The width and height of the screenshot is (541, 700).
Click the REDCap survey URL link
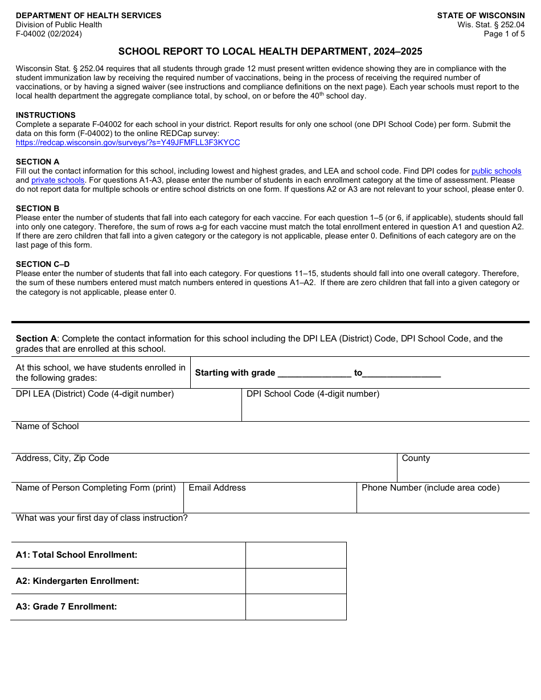click(x=128, y=143)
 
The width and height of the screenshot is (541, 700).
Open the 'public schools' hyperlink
click(x=496, y=171)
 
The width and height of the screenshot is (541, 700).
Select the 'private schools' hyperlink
click(x=58, y=180)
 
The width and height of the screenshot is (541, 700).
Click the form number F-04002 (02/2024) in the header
click(x=49, y=34)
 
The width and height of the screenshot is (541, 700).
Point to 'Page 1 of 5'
click(x=504, y=34)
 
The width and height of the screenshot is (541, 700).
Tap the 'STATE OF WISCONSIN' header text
click(x=481, y=16)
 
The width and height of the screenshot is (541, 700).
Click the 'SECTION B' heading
click(x=38, y=208)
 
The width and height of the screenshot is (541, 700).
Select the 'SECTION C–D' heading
click(x=43, y=264)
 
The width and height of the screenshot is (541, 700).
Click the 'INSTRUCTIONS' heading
click(x=46, y=115)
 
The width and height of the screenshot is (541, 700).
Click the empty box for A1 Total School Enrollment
click(x=296, y=555)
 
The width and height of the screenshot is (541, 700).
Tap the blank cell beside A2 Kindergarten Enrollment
click(x=296, y=581)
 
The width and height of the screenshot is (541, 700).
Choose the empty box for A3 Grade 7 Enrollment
click(x=296, y=607)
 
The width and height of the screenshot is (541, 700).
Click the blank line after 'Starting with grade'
click(x=314, y=373)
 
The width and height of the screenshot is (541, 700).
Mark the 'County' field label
click(x=416, y=459)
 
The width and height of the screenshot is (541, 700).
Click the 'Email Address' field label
click(x=217, y=488)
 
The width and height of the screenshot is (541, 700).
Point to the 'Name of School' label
click(x=47, y=427)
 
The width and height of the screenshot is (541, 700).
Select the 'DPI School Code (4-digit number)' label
click(x=313, y=394)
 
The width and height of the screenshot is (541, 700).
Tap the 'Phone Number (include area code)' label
click(x=431, y=488)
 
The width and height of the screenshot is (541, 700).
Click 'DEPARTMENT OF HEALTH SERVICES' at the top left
click(x=88, y=16)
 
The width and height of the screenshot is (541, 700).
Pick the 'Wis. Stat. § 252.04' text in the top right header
click(x=491, y=25)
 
